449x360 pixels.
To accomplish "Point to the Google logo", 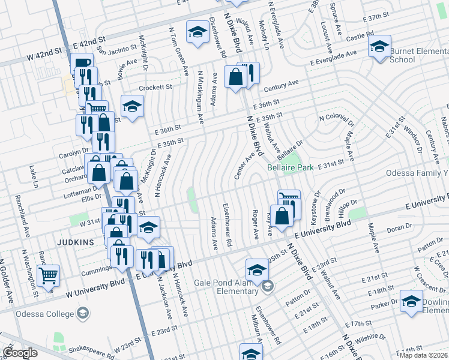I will tap(20, 352).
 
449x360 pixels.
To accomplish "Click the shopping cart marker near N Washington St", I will tap(48, 276).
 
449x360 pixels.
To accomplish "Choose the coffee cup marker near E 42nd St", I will tap(82, 63).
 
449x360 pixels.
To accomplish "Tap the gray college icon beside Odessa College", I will tap(83, 313).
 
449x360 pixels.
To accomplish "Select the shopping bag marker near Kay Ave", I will tap(282, 216).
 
